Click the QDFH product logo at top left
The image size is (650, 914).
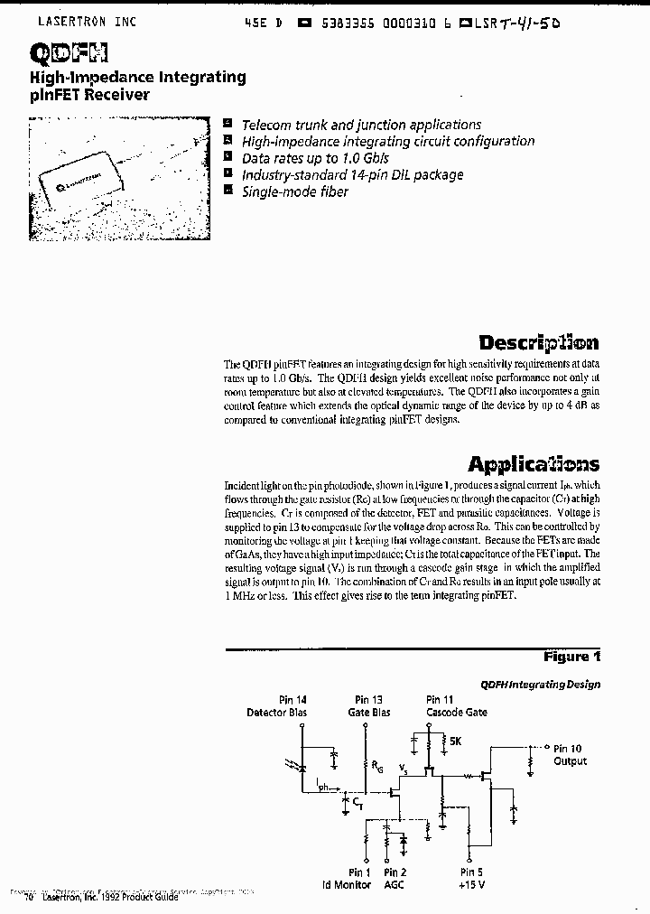[60, 55]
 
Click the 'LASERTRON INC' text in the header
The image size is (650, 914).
[88, 22]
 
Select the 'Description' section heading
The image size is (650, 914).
[538, 342]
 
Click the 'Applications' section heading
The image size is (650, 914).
[533, 464]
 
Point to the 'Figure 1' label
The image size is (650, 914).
[571, 657]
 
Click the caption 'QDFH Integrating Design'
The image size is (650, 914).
[540, 685]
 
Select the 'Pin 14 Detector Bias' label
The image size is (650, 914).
[276, 706]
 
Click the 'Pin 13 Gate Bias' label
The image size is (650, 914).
[368, 706]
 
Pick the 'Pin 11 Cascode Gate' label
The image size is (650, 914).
[456, 706]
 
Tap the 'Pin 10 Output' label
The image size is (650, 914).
[570, 755]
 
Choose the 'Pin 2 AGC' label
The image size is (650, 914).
[395, 879]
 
